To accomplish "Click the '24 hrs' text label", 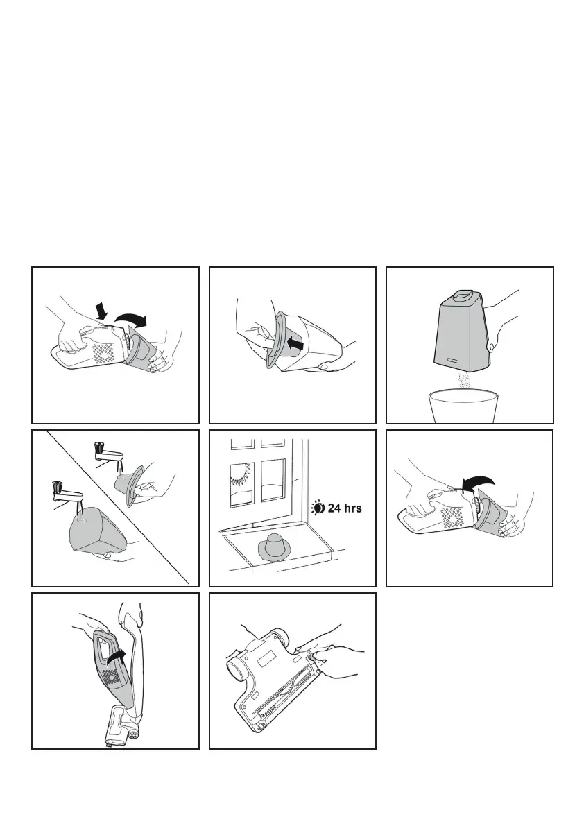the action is [345, 508].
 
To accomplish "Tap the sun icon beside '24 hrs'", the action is [318, 508].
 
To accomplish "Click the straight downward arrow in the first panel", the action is [103, 311].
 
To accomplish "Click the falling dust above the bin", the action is [465, 382].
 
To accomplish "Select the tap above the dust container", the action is [67, 494].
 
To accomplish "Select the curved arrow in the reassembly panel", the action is [478, 483].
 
